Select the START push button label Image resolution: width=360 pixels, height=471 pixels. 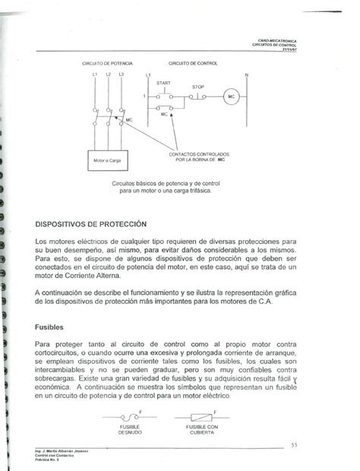[x=164, y=82]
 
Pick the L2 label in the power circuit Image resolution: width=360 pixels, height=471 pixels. [x=108, y=74]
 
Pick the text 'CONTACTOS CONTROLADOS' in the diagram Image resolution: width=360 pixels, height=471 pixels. [x=197, y=155]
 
